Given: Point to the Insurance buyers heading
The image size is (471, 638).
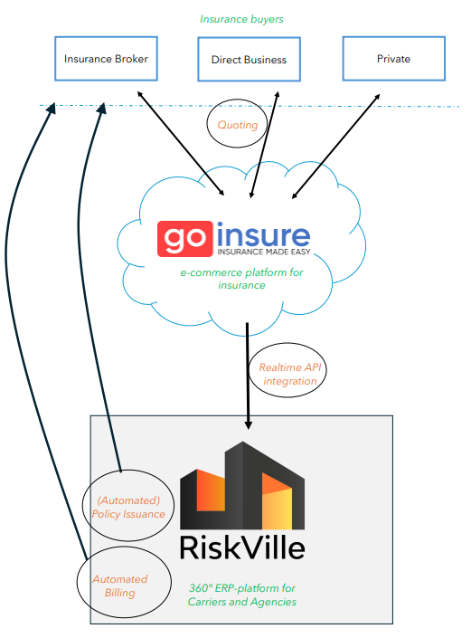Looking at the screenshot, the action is tap(241, 19).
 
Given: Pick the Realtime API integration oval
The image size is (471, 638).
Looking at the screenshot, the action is tap(287, 344).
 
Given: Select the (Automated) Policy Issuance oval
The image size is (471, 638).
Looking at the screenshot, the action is tap(128, 471).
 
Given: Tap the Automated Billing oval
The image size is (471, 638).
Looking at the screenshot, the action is tap(124, 548).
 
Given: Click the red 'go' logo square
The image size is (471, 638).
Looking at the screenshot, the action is tap(185, 239).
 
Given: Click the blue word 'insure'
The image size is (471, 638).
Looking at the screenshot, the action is tap(263, 235).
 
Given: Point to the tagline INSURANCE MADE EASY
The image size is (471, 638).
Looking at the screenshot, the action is tap(264, 252).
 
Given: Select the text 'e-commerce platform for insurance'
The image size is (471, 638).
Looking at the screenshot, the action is tap(241, 279).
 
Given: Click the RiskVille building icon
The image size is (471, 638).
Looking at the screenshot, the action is tap(242, 485).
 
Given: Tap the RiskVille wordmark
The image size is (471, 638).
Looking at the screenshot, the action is tap(242, 548).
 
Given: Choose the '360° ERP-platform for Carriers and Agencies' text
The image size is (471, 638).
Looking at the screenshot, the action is tap(242, 595).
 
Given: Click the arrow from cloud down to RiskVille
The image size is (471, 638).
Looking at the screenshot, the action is tap(248, 376).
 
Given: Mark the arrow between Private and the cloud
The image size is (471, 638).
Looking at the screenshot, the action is tap(336, 147).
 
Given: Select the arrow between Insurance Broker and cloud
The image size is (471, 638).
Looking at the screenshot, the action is tap(181, 143).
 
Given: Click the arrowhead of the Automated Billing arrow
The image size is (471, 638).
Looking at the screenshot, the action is tap(51, 108).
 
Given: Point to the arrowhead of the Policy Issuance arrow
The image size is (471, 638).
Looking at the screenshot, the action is tap(101, 109).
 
